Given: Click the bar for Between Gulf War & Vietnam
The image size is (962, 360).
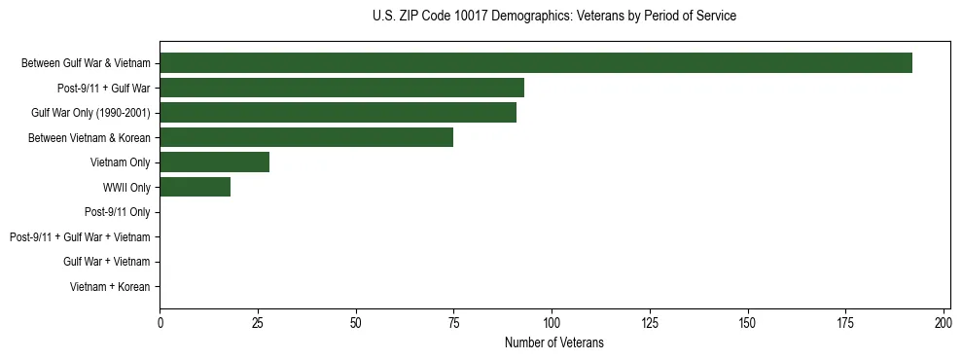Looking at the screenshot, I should pyautogui.click(x=536, y=62).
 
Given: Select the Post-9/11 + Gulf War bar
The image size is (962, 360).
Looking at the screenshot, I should pyautogui.click(x=341, y=88).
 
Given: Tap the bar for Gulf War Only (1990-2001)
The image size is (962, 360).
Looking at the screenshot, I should pyautogui.click(x=338, y=112).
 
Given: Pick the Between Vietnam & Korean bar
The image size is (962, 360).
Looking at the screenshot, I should pyautogui.click(x=306, y=137).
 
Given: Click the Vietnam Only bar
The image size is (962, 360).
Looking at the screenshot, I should pyautogui.click(x=214, y=162).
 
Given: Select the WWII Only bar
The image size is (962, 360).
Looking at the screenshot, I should pyautogui.click(x=195, y=187).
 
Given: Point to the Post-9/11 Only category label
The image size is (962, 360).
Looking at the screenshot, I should pyautogui.click(x=117, y=212).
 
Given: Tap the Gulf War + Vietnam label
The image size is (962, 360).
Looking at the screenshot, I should pyautogui.click(x=106, y=262).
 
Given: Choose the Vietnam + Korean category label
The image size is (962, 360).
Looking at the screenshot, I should pyautogui.click(x=110, y=287).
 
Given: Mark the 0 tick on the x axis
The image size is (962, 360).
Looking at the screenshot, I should pyautogui.click(x=160, y=321).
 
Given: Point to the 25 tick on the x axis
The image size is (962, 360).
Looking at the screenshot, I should pyautogui.click(x=258, y=321).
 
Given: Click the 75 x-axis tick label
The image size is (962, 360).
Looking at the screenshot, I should pyautogui.click(x=453, y=321).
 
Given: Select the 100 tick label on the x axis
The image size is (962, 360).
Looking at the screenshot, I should pyautogui.click(x=552, y=321).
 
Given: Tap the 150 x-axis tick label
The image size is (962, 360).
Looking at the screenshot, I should pyautogui.click(x=747, y=321).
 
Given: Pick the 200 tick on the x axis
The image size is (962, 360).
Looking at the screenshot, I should pyautogui.click(x=944, y=321).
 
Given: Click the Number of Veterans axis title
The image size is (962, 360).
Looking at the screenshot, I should pyautogui.click(x=554, y=342).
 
